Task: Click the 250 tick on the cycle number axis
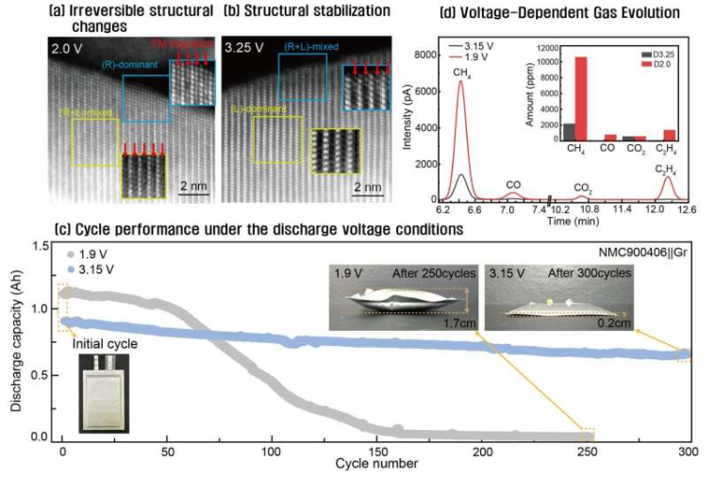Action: pos(587,451)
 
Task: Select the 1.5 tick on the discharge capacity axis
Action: pos(41,247)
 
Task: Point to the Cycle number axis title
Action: pos(376,464)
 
